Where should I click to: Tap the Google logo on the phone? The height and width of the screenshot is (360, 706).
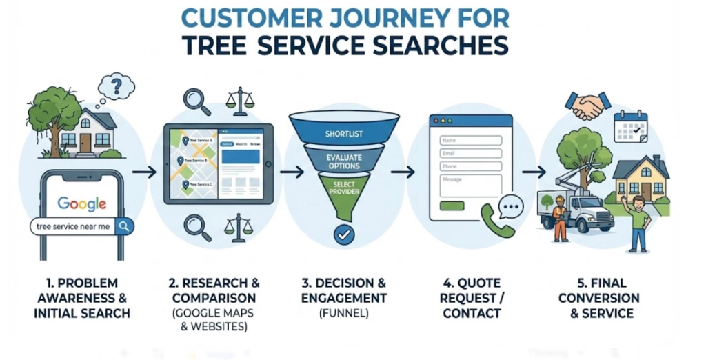[x=82, y=203]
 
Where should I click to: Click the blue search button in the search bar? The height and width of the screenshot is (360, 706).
[x=125, y=226]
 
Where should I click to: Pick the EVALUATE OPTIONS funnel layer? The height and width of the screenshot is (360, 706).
[x=343, y=162]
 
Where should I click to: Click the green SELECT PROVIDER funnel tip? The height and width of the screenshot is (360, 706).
[x=343, y=190]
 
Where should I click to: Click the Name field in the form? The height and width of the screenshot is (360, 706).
[x=470, y=140]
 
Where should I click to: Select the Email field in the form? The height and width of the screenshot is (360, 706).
[x=470, y=153]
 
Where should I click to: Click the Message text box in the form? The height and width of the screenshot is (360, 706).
[x=470, y=184]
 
